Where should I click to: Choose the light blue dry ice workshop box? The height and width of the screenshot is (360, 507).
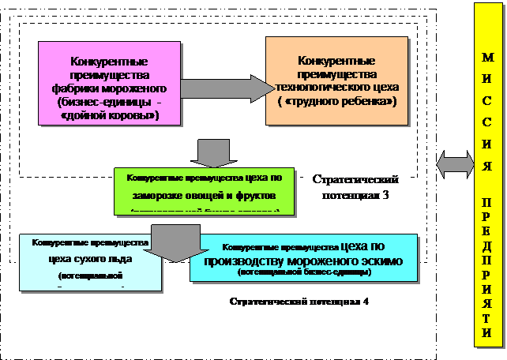pos(91,263)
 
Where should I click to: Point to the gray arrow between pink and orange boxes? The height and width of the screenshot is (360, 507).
pos(224,85)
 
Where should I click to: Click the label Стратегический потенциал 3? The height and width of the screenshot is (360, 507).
pos(355,187)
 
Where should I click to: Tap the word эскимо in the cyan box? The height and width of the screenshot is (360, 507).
pos(380,261)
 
